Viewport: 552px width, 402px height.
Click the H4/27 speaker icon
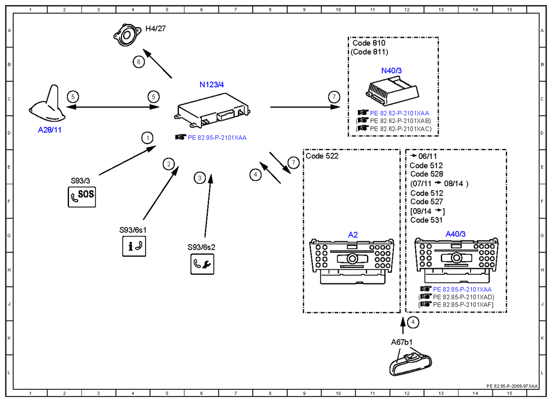coord(127,35)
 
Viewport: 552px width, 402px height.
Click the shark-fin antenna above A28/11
coord(48,104)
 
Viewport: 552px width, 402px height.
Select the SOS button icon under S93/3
coord(82,197)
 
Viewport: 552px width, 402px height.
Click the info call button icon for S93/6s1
coord(134,246)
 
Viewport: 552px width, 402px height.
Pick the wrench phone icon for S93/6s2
coord(202,264)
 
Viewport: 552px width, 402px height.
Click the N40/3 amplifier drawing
coord(392,91)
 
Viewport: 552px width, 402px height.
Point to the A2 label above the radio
coord(353,235)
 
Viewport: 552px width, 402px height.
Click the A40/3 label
coord(455,234)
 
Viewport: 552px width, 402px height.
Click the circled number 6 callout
coord(139,62)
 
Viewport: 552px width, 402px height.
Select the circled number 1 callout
coord(148,138)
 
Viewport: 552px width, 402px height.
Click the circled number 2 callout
coord(168,164)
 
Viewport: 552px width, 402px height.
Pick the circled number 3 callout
coord(200,178)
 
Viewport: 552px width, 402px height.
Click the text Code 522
coord(322,156)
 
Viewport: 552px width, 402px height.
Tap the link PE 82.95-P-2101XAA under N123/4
coord(217,138)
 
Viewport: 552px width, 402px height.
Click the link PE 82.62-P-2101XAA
coord(399,113)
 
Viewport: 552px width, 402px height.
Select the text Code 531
coord(426,220)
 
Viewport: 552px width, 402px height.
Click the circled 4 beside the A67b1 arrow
coord(413,322)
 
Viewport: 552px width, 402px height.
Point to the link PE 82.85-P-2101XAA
coord(462,289)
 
